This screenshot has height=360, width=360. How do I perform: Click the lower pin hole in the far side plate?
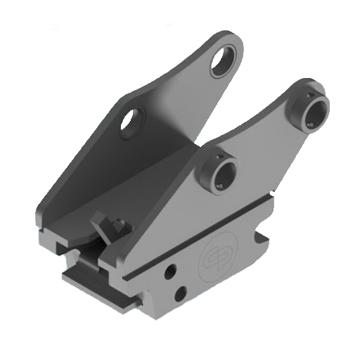tap(131, 120)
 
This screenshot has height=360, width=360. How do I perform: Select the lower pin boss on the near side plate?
tap(221, 171)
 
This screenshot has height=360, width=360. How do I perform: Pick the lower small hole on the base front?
tap(181, 292)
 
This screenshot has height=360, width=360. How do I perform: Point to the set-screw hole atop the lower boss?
tap(219, 155)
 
